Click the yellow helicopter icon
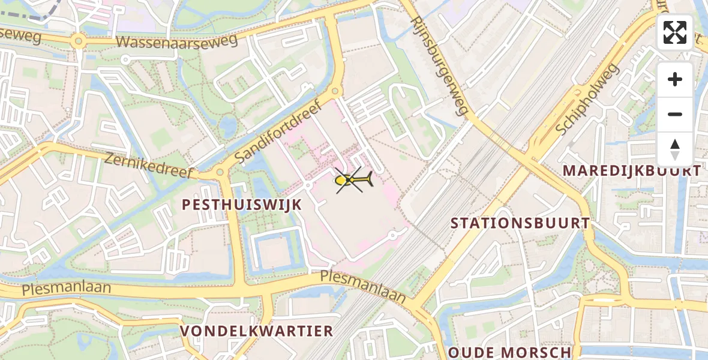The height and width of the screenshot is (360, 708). click(353, 179)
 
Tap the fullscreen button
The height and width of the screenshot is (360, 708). click(675, 32)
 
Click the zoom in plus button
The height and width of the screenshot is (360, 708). click(675, 79)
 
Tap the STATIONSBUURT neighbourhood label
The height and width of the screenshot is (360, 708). click(520, 223)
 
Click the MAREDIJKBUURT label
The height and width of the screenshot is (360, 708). click(631, 171)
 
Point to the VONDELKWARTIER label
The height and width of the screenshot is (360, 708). click(257, 331)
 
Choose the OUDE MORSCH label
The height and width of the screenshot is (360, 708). click(510, 352)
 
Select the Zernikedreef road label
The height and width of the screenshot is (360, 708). click(149, 166)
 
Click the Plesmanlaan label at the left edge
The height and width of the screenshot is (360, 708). click(66, 288)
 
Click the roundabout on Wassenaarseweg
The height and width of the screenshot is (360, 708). click(77, 42)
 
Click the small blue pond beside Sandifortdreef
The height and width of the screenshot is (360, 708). click(228, 127)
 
